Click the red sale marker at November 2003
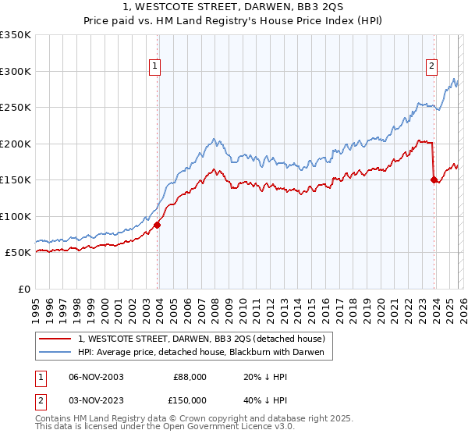(158, 225)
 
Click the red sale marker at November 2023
(434, 179)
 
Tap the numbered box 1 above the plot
(156, 67)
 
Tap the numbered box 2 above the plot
(431, 67)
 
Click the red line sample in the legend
(56, 339)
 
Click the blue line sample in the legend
(56, 353)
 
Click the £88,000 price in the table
(190, 376)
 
